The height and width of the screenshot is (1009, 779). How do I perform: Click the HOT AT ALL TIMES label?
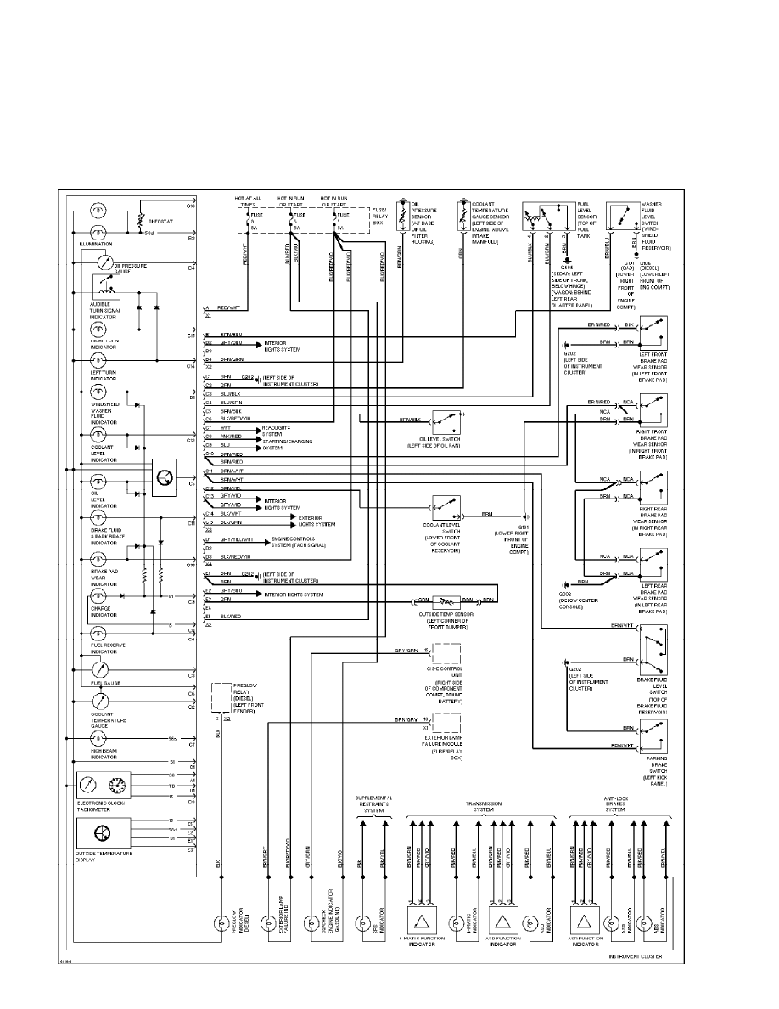tap(252, 202)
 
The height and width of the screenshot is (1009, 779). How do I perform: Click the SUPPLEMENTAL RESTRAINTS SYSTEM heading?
tap(373, 803)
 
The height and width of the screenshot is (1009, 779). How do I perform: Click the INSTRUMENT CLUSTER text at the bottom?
tap(635, 956)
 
